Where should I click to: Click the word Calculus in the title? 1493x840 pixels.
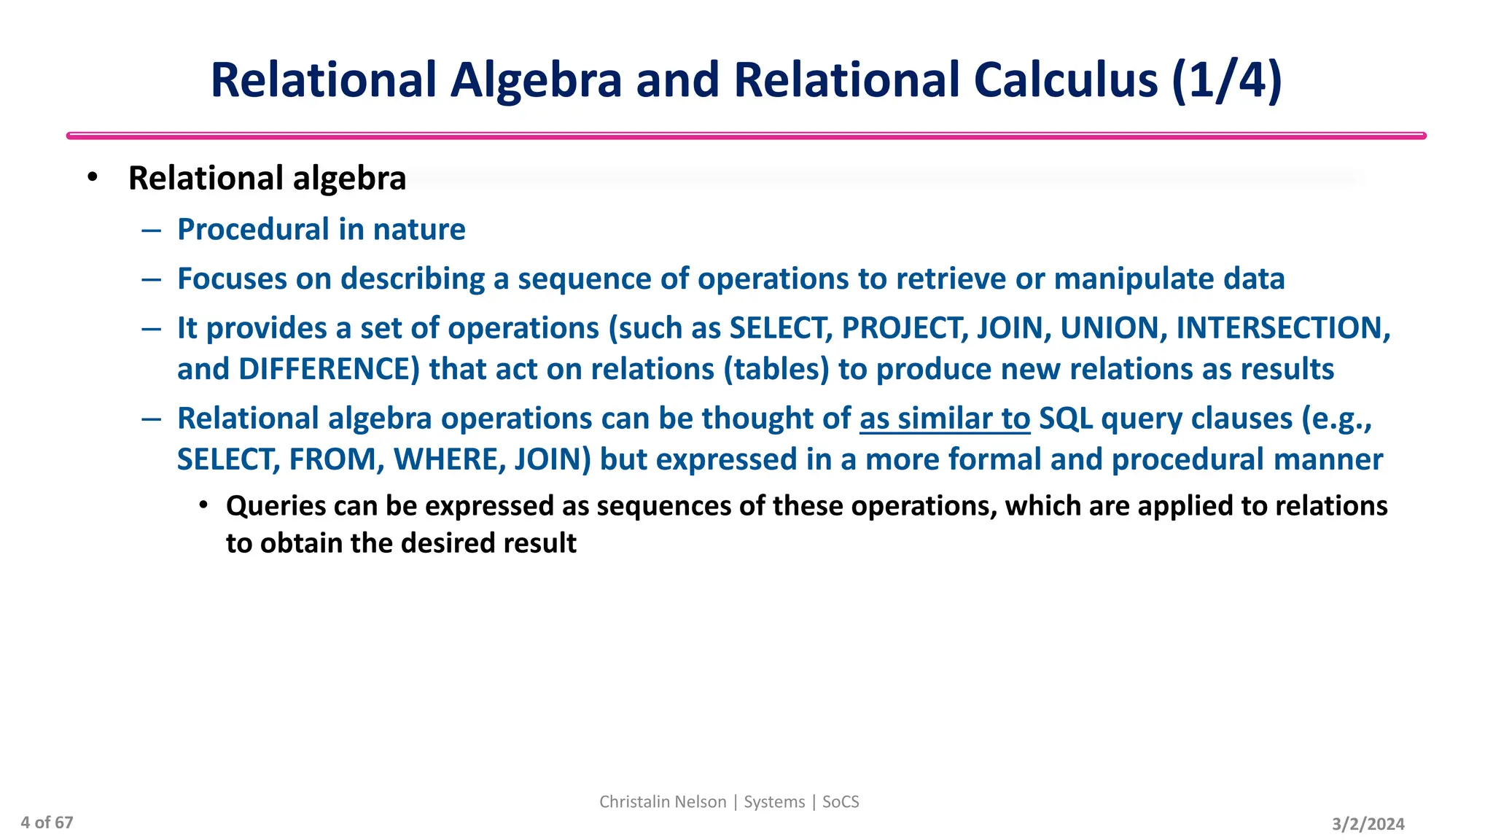point(1065,79)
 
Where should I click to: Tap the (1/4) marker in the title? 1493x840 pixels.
point(1227,79)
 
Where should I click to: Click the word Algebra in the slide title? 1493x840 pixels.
point(536,79)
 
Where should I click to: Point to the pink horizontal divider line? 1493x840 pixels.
point(746,136)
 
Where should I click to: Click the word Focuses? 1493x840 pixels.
point(232,279)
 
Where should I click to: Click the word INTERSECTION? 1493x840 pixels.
point(1279,328)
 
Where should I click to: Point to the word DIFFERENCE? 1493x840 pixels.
point(329,370)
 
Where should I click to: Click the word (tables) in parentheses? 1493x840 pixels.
point(776,370)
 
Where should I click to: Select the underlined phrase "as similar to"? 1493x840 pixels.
point(945,419)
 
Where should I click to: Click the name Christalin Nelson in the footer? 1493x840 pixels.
point(663,802)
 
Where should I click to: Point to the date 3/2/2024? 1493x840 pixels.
point(1368,824)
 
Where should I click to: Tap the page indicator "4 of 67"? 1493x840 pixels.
point(47,823)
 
